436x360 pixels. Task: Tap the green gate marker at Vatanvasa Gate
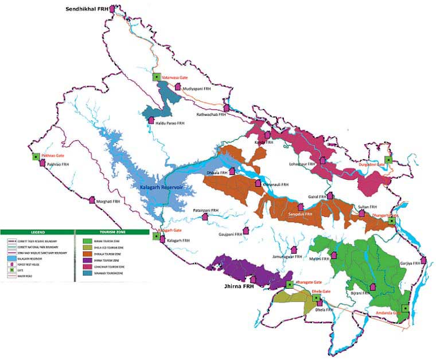(x=155, y=77)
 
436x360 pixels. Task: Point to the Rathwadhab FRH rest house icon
(x=226, y=108)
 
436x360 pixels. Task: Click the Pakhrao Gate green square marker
(x=36, y=156)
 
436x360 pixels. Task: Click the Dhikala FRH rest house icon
(x=232, y=171)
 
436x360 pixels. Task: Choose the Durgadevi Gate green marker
(x=388, y=160)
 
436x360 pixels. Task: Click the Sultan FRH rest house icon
(x=361, y=213)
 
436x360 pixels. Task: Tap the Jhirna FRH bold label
(x=240, y=285)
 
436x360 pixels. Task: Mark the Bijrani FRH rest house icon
(x=372, y=286)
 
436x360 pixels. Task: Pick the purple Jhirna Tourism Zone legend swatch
(x=87, y=260)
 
